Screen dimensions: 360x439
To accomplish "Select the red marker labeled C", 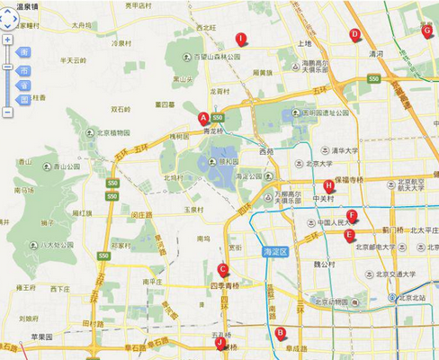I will point(222,268).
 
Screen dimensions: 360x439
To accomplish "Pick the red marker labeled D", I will point(354,35).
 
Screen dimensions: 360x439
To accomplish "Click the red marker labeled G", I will point(426,31).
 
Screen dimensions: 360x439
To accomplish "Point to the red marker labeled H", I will point(328,186).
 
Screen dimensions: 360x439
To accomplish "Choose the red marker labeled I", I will point(240,39).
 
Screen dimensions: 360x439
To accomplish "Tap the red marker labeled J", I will point(219,342).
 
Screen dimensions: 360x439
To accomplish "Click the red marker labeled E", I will point(349,235).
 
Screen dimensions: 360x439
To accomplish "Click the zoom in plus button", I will point(7,40).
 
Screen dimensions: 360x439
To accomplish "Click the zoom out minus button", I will point(7,112).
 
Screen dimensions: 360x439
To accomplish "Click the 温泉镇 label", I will point(19,5).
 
